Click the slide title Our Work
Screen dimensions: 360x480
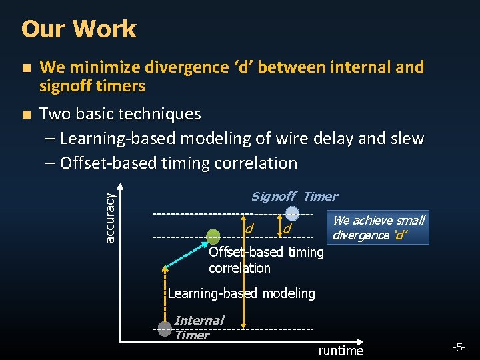[79, 29]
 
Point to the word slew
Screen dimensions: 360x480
[407, 139]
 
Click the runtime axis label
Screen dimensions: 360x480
[341, 351]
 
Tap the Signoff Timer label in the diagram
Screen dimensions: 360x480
[294, 196]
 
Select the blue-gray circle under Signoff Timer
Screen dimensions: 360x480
[292, 213]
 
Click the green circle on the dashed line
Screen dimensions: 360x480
[213, 236]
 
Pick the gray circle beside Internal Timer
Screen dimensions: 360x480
[165, 329]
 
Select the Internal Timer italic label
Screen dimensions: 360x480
[198, 327]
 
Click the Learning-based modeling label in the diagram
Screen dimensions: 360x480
[241, 293]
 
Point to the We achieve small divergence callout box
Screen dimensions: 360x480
[377, 227]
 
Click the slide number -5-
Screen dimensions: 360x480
[458, 347]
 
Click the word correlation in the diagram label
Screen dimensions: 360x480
[239, 268]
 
